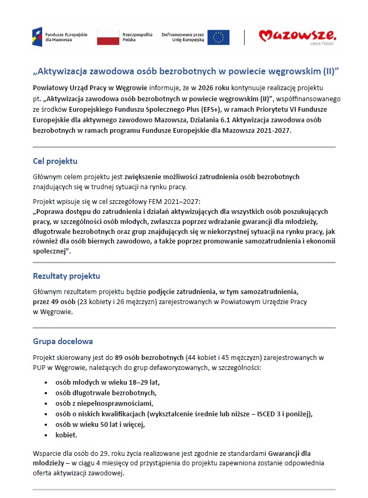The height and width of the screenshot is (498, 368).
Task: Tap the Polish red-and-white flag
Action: [109, 37]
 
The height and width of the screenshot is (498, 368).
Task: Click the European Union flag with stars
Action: [218, 37]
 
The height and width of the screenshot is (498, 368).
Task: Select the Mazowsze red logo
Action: [297, 36]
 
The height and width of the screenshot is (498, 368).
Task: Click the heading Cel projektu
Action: [55, 161]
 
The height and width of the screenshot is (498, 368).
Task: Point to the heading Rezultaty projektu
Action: [66, 276]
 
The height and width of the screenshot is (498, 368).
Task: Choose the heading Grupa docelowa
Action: [63, 341]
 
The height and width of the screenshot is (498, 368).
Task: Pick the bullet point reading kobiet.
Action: [66, 435]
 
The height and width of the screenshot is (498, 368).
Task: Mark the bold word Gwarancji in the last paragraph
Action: [285, 453]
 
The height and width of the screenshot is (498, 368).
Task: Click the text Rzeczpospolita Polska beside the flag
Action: [138, 37]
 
